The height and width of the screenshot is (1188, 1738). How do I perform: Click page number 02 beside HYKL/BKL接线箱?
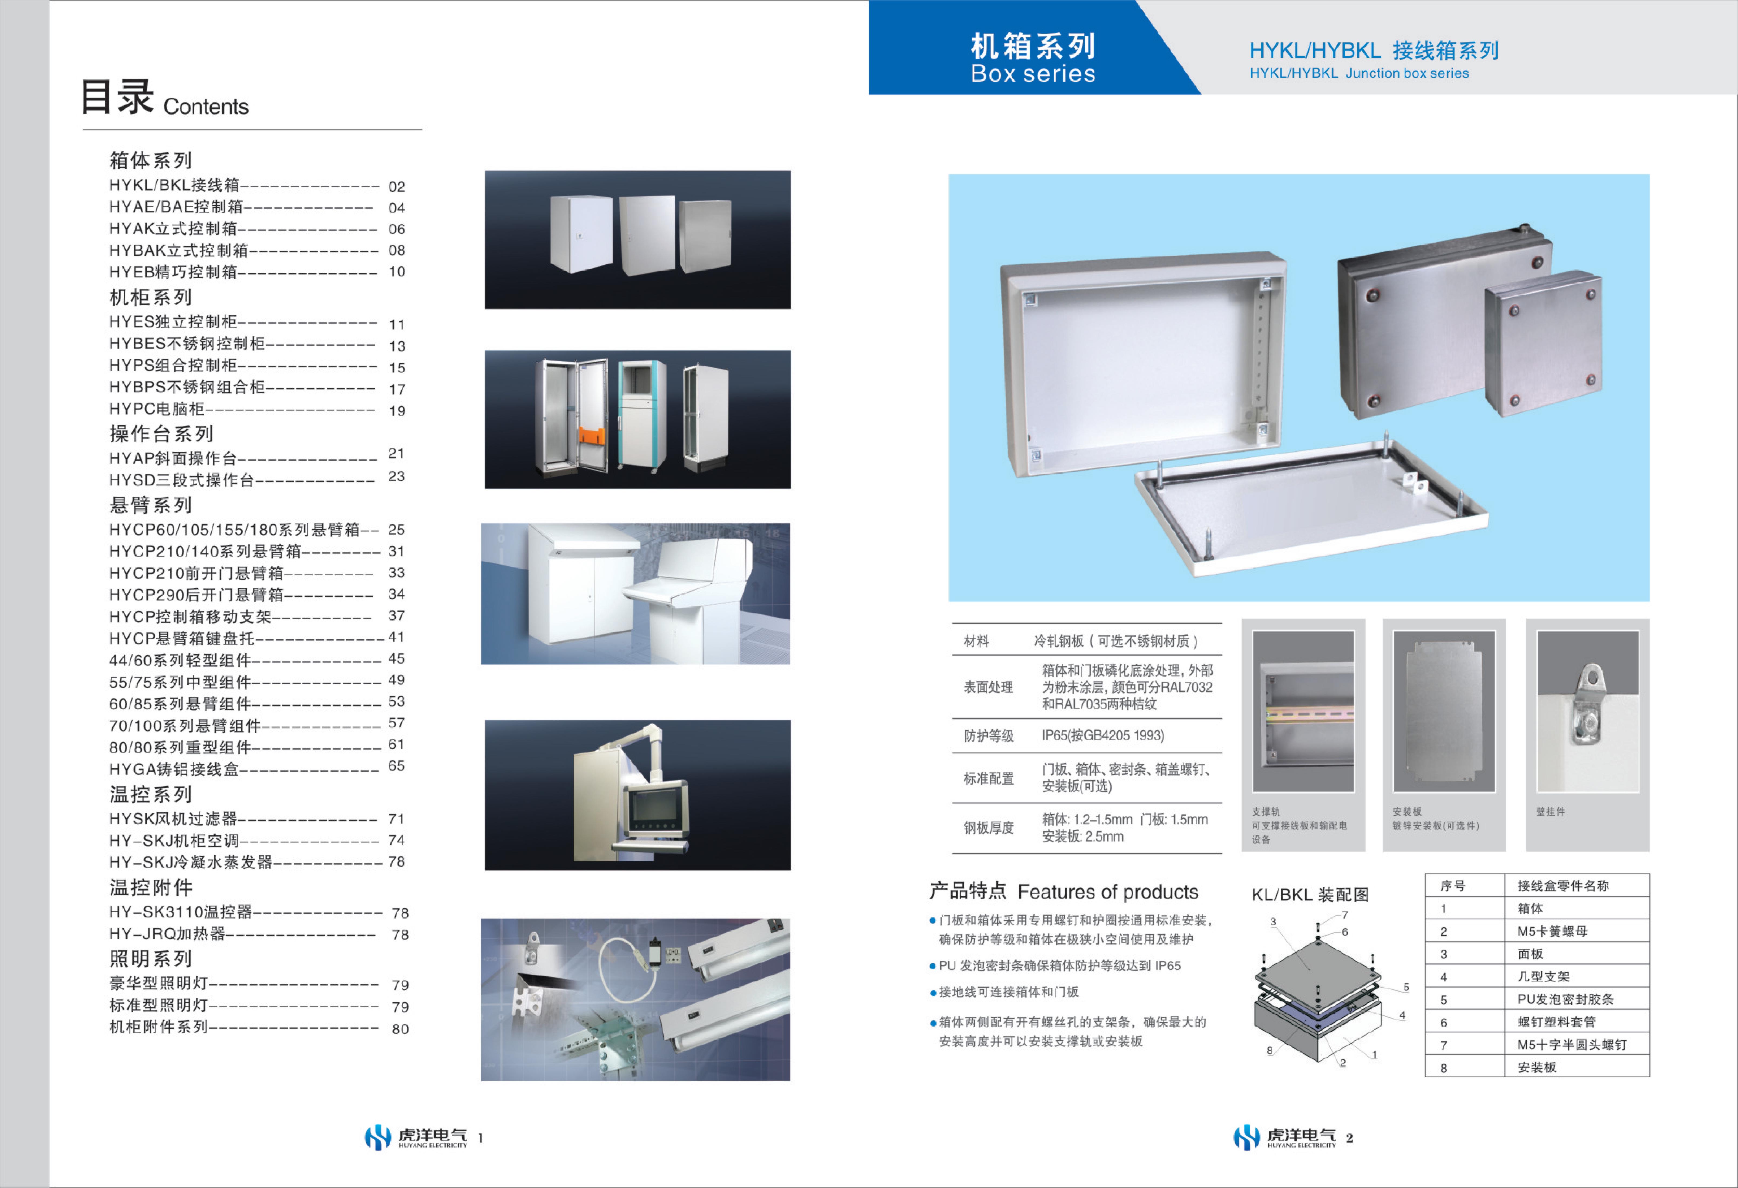[396, 186]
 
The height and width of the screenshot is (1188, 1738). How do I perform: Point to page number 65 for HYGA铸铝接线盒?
[396, 766]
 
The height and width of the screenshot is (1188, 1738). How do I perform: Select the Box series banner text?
[1033, 73]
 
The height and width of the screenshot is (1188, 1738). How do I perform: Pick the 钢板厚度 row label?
[989, 827]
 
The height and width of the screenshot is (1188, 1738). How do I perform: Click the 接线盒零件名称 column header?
[1563, 886]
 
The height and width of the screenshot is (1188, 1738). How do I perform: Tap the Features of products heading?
[1108, 892]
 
